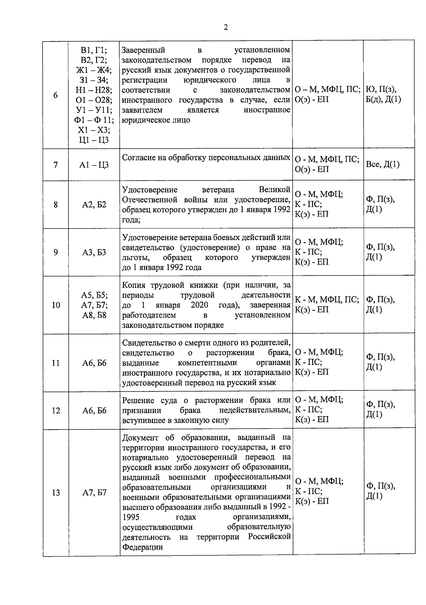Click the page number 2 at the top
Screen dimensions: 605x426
226,28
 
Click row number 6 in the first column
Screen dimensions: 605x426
56,95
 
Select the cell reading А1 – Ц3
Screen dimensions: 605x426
94,165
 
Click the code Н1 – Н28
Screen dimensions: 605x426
94,90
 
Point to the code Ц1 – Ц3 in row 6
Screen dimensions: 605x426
94,140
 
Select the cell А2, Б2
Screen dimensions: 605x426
94,205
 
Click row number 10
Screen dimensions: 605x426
56,305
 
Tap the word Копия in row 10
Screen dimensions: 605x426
134,285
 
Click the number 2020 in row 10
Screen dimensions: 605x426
199,305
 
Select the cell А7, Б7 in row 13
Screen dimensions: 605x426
94,493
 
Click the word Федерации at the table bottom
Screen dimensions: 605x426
142,547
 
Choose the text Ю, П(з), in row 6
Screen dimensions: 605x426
381,89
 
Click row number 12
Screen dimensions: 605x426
56,410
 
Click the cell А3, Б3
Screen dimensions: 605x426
94,252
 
